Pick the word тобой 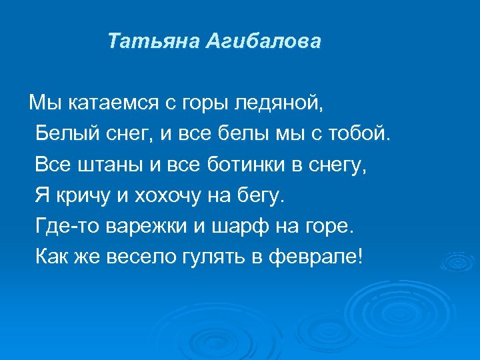(363, 134)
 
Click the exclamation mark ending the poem (361, 257)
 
